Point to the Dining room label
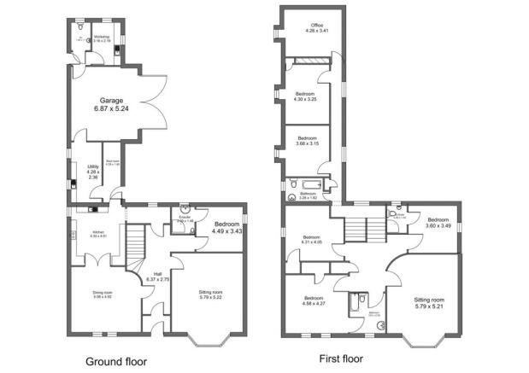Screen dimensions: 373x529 [x=103, y=294]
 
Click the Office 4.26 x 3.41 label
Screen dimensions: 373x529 [x=311, y=29]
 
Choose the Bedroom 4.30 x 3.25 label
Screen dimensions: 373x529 [x=305, y=96]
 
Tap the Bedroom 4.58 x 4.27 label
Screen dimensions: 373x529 [x=314, y=300]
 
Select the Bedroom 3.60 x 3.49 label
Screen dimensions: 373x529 [x=438, y=222]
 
